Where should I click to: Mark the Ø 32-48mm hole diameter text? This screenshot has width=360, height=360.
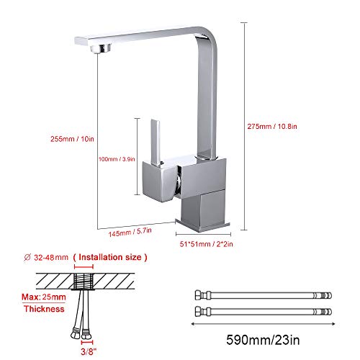click(x=48, y=256)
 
